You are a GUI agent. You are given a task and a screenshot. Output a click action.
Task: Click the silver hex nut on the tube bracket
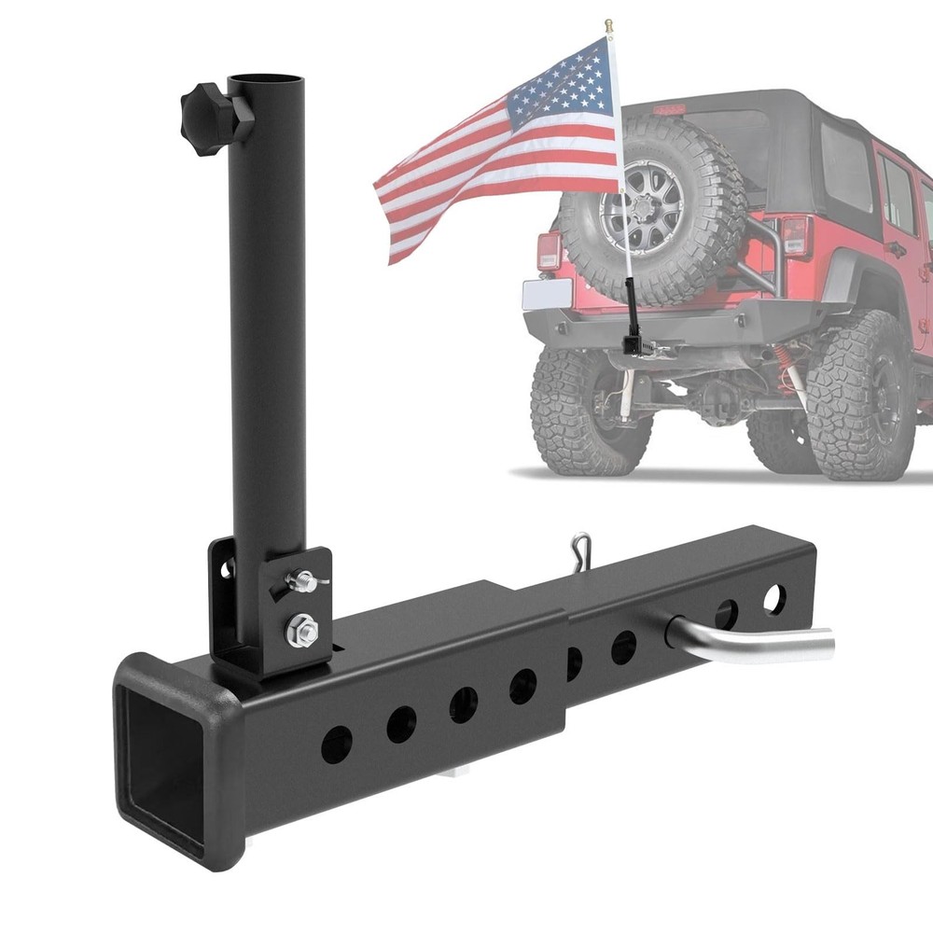pyautogui.click(x=301, y=631)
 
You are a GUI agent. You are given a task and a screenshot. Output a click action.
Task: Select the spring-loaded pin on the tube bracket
pyautogui.click(x=303, y=582)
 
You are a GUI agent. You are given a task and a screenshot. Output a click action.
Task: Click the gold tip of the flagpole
pyautogui.click(x=608, y=25)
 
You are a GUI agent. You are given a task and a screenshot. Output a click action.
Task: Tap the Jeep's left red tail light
pyautogui.click(x=549, y=251)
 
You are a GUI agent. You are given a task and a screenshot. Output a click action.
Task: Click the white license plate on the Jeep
pyautogui.click(x=547, y=295)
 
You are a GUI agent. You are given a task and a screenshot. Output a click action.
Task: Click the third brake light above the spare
pyautogui.click(x=669, y=110)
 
